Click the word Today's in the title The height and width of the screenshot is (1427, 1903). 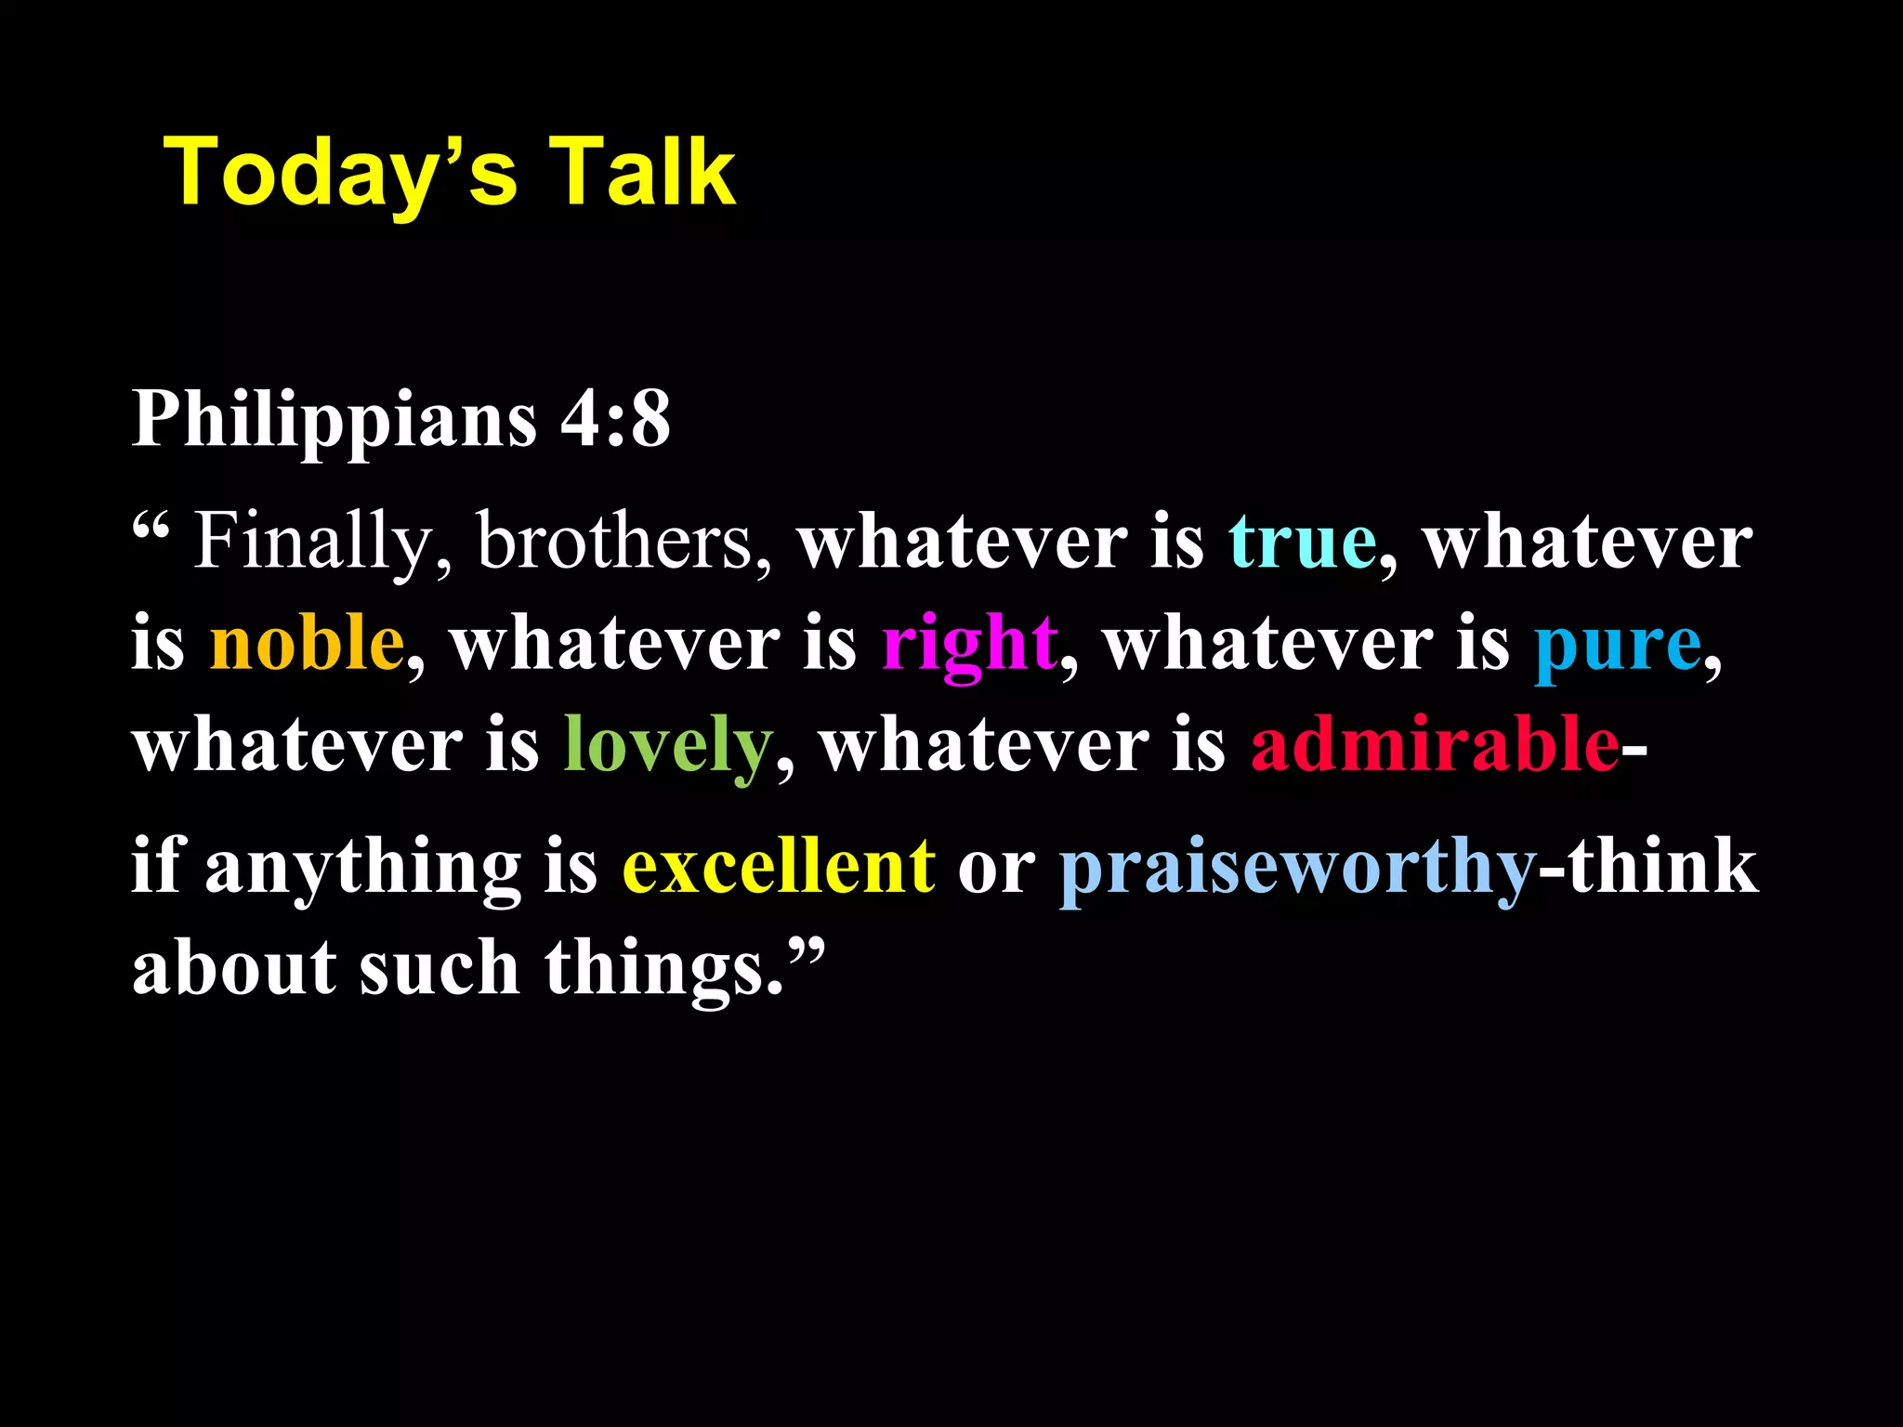(x=339, y=174)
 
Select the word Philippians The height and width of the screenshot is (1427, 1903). (x=335, y=420)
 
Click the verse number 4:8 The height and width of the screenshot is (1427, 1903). (x=614, y=420)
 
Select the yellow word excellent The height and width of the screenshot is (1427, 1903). (x=779, y=867)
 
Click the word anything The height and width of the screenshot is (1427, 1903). (x=362, y=867)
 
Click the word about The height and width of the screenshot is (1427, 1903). (x=233, y=969)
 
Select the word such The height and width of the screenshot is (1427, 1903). (x=439, y=969)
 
